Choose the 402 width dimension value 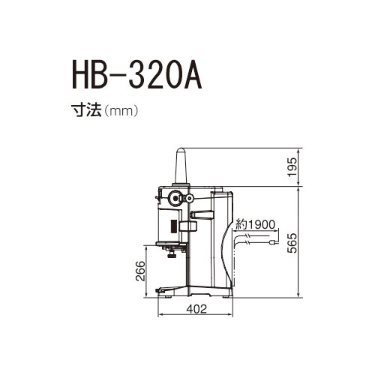195,308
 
